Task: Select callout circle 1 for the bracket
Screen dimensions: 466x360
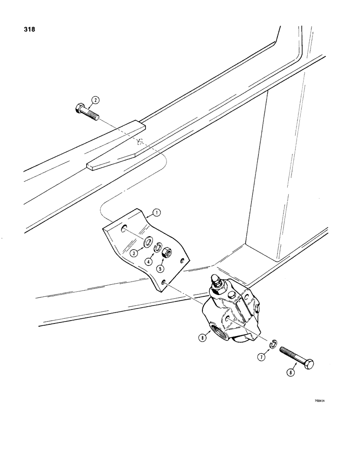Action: [157, 214]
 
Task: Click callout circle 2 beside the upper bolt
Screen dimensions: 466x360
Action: [95, 100]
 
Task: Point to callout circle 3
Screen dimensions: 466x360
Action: [134, 253]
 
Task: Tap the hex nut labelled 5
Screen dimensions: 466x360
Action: [167, 254]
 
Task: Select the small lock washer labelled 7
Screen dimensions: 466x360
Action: [275, 345]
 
